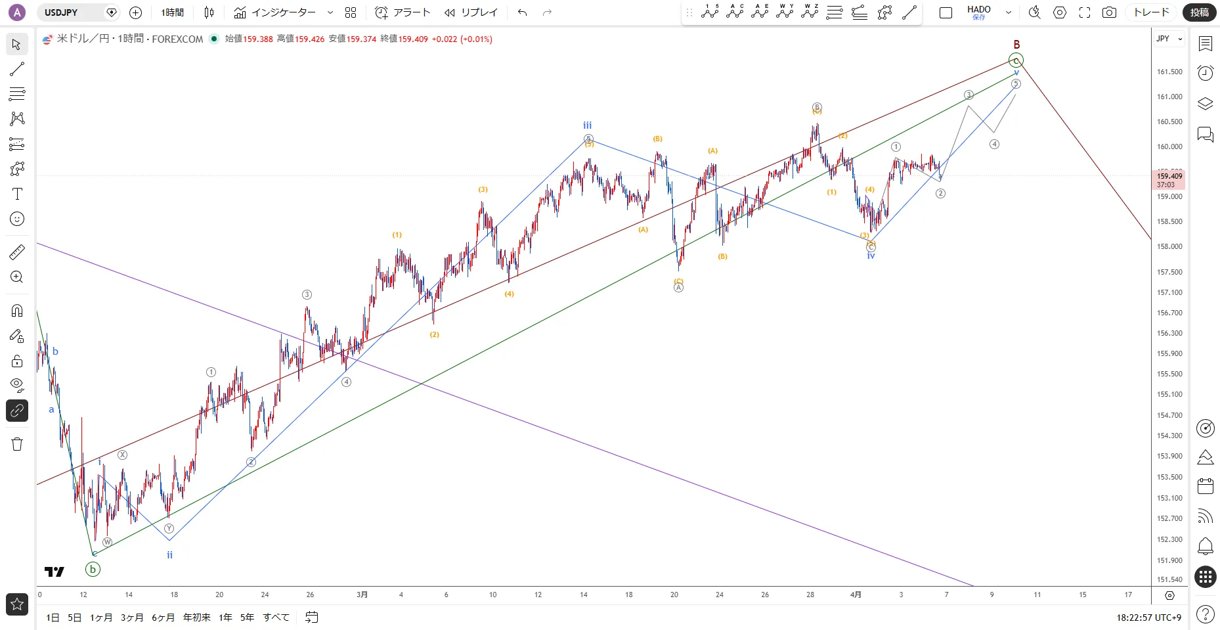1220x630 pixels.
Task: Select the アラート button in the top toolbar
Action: click(403, 12)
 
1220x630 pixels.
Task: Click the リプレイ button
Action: click(471, 12)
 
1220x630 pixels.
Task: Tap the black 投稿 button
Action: click(1199, 12)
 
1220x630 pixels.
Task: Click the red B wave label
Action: click(1016, 45)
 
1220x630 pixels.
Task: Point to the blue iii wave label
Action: click(587, 125)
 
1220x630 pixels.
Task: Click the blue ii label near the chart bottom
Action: click(169, 555)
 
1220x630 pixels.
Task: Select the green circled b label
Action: click(93, 570)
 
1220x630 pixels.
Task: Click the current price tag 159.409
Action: click(1169, 176)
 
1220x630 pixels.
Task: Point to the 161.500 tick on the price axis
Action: click(1169, 72)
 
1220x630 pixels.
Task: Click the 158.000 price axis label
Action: click(1169, 246)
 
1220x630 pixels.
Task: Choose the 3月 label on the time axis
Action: click(362, 595)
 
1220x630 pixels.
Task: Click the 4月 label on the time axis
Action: click(856, 595)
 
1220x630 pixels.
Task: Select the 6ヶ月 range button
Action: click(163, 618)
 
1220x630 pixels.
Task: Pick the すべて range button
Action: click(276, 618)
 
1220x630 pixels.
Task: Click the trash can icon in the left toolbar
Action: click(17, 445)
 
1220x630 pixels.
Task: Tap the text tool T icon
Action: click(17, 194)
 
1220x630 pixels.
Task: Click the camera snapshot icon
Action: click(1109, 12)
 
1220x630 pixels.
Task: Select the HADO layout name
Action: click(978, 10)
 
